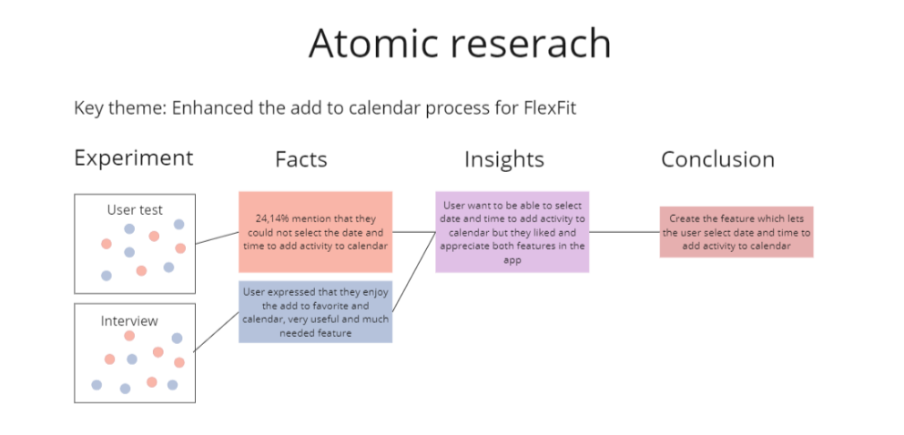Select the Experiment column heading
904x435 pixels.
tap(134, 158)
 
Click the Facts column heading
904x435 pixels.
tap(301, 159)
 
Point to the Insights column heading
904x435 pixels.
tap(503, 159)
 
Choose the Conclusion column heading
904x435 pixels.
tap(717, 159)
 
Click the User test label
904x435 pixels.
tap(135, 209)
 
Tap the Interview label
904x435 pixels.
tap(129, 321)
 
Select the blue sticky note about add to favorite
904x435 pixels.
tap(315, 312)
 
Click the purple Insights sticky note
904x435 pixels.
tap(512, 232)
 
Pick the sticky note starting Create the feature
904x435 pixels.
tap(736, 232)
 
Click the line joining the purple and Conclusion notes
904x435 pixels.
tap(625, 232)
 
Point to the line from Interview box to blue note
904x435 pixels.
tap(217, 331)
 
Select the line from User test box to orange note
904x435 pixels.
tap(218, 238)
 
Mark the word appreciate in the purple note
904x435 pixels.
tap(463, 247)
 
